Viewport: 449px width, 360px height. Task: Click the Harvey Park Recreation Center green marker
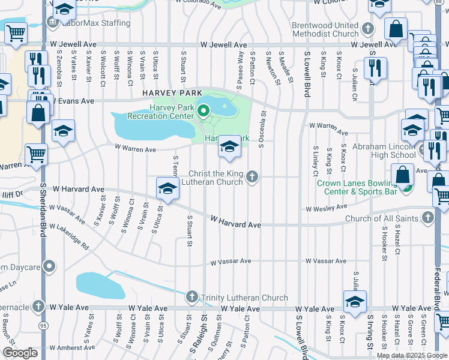[x=203, y=110]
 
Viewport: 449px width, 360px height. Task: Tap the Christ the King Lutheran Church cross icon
[x=253, y=176]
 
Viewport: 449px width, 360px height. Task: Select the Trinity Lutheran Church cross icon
[x=191, y=296]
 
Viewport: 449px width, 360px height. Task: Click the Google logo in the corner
[x=20, y=353]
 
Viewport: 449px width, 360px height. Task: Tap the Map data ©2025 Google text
[x=411, y=355]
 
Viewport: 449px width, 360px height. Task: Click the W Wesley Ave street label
[x=326, y=208]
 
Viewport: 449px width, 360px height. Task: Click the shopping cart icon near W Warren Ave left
[x=37, y=154]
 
